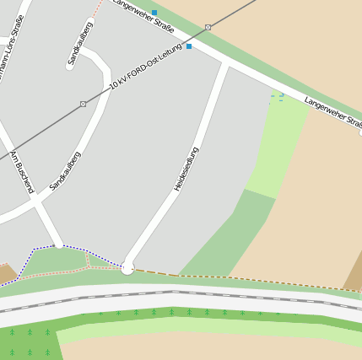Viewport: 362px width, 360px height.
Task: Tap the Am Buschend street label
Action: tap(22, 173)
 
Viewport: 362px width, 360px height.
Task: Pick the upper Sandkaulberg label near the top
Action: tap(81, 42)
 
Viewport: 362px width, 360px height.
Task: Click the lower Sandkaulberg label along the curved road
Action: tap(65, 170)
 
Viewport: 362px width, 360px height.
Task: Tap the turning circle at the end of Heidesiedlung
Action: tap(127, 268)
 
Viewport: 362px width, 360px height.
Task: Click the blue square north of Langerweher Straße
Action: tap(154, 13)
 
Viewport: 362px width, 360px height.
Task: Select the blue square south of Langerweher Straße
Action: tap(189, 46)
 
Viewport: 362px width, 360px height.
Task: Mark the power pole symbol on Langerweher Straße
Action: tap(208, 27)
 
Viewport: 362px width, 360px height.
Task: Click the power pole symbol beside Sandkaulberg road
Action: tap(83, 104)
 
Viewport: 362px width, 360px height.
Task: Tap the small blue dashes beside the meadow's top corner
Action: tap(276, 98)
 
